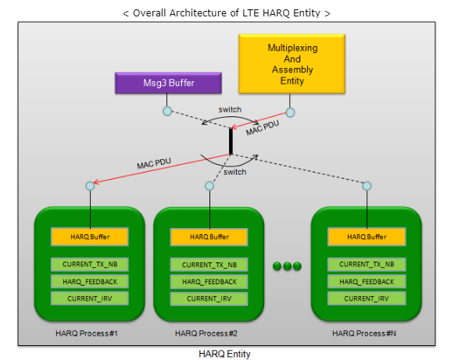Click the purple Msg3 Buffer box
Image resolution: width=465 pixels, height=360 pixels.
coord(167,83)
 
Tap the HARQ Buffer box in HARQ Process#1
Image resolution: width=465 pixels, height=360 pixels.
coord(90,237)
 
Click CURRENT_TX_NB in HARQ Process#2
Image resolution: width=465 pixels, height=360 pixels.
coord(209,265)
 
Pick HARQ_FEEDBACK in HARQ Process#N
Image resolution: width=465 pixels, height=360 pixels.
coord(367,282)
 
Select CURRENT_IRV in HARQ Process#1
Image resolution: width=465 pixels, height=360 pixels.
coord(90,298)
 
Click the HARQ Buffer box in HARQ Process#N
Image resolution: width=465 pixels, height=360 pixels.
coord(367,237)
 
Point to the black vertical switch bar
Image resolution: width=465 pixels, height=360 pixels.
coord(231,141)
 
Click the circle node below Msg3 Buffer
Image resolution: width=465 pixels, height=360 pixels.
coord(167,112)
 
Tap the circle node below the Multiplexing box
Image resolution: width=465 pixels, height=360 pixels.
coord(290,112)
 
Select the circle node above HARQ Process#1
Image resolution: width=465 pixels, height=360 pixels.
coord(90,186)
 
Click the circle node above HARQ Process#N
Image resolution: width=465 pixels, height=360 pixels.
coord(367,186)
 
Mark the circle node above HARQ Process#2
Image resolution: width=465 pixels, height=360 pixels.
coord(209,186)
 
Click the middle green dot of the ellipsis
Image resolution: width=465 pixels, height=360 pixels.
coord(287,266)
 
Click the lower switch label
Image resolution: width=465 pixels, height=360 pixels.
coord(235,172)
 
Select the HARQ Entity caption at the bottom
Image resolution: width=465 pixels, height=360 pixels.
coord(225,354)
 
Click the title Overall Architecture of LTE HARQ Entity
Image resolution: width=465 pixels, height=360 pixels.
coord(227,12)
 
